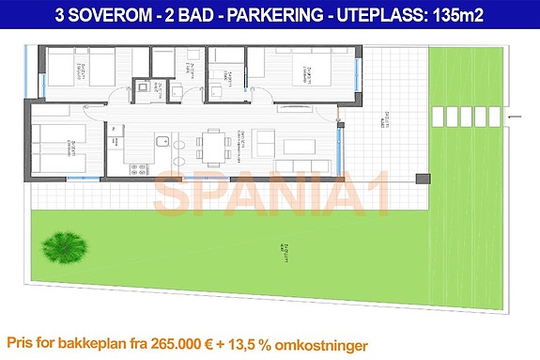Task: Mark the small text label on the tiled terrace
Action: tap(384, 119)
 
